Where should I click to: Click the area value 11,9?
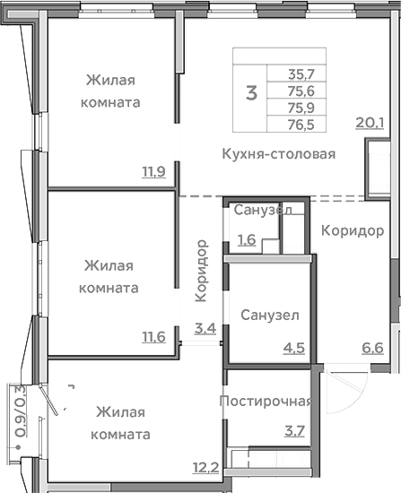coord(153,172)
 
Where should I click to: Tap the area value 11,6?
coord(153,337)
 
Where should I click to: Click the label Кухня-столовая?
coord(278,154)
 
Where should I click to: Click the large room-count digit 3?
coord(252,91)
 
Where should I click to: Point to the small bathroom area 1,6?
coord(247,239)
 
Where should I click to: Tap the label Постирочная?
coord(266,401)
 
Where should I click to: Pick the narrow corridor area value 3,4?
coord(205,328)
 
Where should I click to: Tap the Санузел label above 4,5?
coord(270,316)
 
